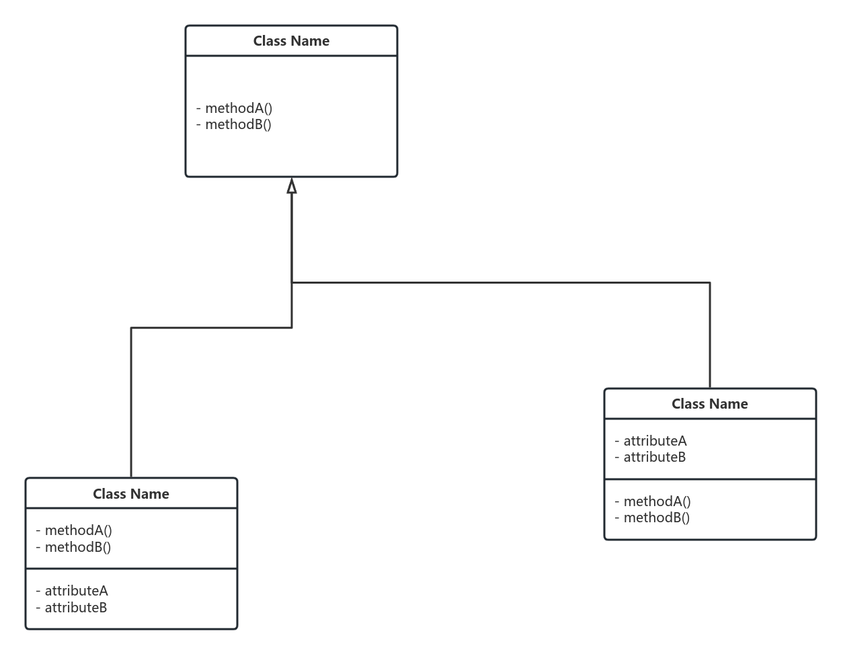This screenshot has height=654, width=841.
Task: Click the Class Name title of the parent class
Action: [x=291, y=41]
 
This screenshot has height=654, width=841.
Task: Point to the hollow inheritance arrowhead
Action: [x=292, y=186]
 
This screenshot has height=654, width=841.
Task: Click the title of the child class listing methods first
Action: [x=131, y=494]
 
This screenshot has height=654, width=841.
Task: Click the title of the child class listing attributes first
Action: [x=709, y=404]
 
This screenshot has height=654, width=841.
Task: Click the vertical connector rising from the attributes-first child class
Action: [x=710, y=336]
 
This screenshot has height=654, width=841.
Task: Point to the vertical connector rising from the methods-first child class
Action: [x=131, y=403]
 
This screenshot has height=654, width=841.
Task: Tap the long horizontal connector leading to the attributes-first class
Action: [x=501, y=282]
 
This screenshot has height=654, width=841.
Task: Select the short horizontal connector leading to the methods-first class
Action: [x=211, y=328]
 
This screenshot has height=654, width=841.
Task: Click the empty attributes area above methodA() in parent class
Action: [x=291, y=77]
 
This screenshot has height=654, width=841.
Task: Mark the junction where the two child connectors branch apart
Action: [x=292, y=282]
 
